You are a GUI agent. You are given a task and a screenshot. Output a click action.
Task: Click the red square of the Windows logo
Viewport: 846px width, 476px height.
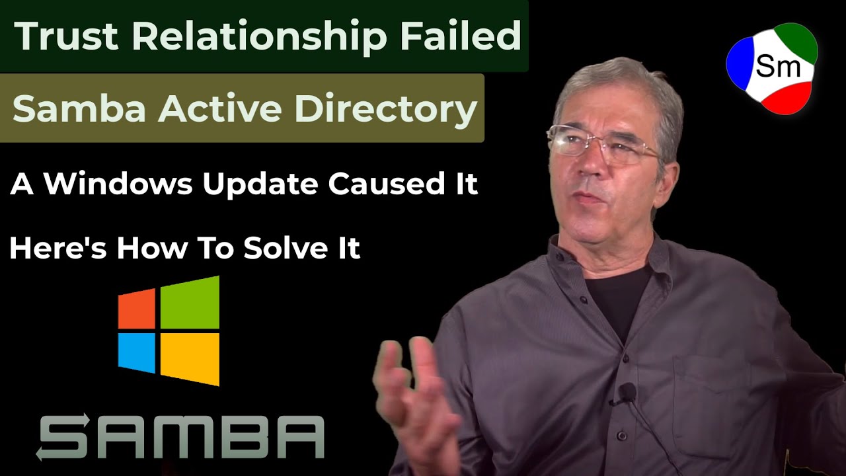(137, 309)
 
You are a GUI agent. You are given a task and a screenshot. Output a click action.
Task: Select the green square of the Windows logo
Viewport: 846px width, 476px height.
(190, 302)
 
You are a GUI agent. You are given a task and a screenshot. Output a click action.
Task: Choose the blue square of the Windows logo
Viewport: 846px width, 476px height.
(137, 352)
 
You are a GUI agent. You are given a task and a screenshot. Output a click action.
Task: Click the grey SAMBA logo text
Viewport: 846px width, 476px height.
(180, 436)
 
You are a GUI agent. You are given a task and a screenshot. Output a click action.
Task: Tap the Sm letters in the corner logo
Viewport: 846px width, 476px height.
(778, 67)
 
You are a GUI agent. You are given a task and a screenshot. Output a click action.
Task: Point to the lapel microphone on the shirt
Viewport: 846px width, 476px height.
(626, 393)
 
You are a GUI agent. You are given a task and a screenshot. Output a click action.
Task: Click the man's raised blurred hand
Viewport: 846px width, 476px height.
(413, 390)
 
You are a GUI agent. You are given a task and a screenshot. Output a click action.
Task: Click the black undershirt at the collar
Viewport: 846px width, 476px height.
(618, 297)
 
